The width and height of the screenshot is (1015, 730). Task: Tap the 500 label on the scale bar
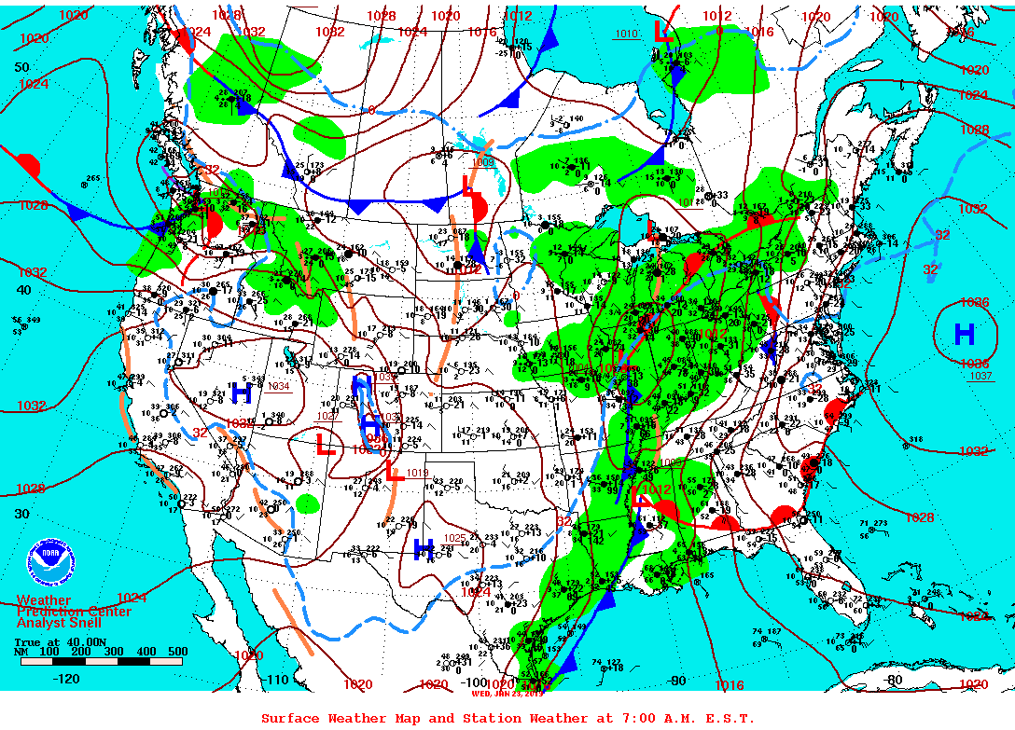(x=177, y=652)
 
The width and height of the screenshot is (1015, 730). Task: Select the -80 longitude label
(x=895, y=680)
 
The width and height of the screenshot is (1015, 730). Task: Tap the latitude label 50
(x=22, y=68)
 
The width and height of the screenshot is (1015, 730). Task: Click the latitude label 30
(x=22, y=514)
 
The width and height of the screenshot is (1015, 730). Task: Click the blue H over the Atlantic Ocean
(x=964, y=333)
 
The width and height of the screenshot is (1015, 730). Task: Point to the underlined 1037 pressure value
(x=980, y=376)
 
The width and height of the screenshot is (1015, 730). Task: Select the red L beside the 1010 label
(x=663, y=31)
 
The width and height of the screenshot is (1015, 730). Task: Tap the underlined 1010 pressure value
(x=626, y=34)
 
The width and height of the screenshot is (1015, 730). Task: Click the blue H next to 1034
(x=242, y=393)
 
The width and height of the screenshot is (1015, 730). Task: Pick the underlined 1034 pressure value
(x=279, y=386)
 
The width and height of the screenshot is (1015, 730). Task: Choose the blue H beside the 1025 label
(x=423, y=548)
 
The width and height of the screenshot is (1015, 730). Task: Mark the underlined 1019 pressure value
(x=417, y=473)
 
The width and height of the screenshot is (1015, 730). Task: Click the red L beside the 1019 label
(x=392, y=469)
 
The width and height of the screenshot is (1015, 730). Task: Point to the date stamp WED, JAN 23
(x=507, y=693)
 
